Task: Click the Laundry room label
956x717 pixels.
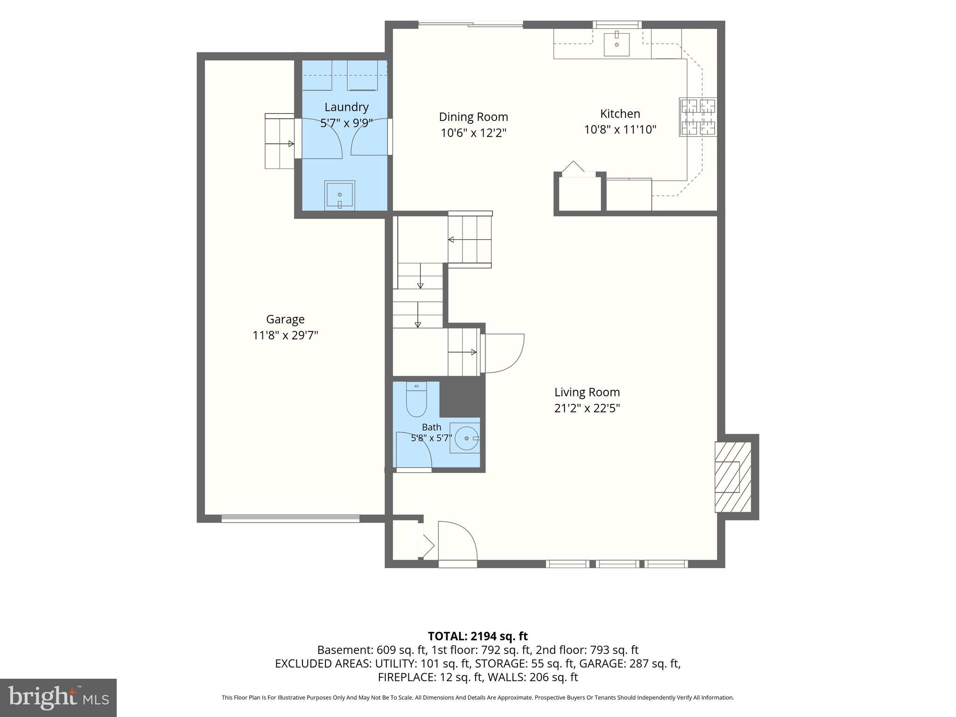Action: click(x=346, y=107)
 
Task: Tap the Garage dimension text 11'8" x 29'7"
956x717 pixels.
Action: click(x=285, y=335)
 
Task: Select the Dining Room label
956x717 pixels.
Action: click(x=473, y=117)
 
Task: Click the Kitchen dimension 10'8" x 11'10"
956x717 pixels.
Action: click(x=620, y=129)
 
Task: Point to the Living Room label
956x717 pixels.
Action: click(x=587, y=393)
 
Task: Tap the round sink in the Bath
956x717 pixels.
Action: click(x=467, y=438)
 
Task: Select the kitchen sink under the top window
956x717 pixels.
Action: click(x=617, y=44)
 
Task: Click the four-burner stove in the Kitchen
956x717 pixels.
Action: click(x=698, y=117)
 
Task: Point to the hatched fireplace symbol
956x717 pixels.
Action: click(x=733, y=477)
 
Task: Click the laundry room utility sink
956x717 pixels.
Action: click(x=340, y=195)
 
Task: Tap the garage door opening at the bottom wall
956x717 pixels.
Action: click(x=290, y=518)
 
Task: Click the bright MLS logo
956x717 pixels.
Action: click(x=58, y=698)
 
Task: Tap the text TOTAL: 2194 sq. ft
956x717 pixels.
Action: click(x=478, y=636)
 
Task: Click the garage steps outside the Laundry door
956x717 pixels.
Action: click(x=280, y=141)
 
